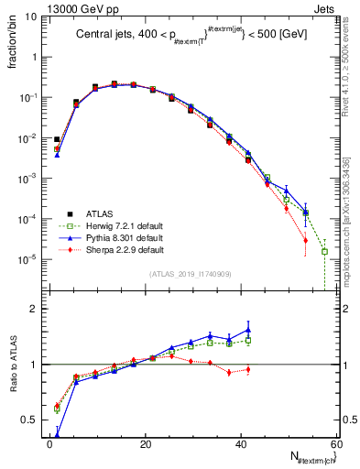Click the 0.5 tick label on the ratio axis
click(29, 420)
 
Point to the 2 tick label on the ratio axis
click(34, 309)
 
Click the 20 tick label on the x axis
click(147, 447)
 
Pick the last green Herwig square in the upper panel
click(324, 251)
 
